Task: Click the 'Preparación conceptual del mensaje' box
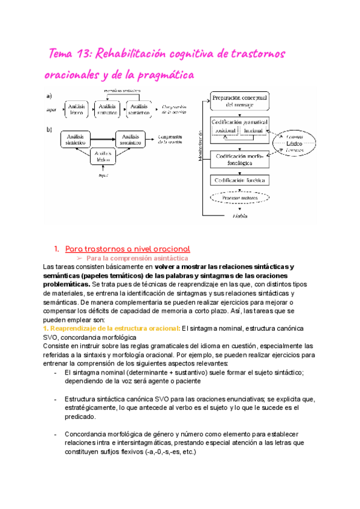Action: [x=240, y=100]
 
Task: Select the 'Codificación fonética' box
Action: [x=240, y=179]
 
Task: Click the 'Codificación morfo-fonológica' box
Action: [x=240, y=159]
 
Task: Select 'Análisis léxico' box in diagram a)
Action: [x=77, y=109]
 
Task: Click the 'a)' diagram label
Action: [x=48, y=96]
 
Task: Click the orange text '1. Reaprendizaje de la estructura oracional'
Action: [x=112, y=328]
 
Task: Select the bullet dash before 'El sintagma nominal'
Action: [x=55, y=373]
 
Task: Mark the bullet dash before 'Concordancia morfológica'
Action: [x=55, y=434]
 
